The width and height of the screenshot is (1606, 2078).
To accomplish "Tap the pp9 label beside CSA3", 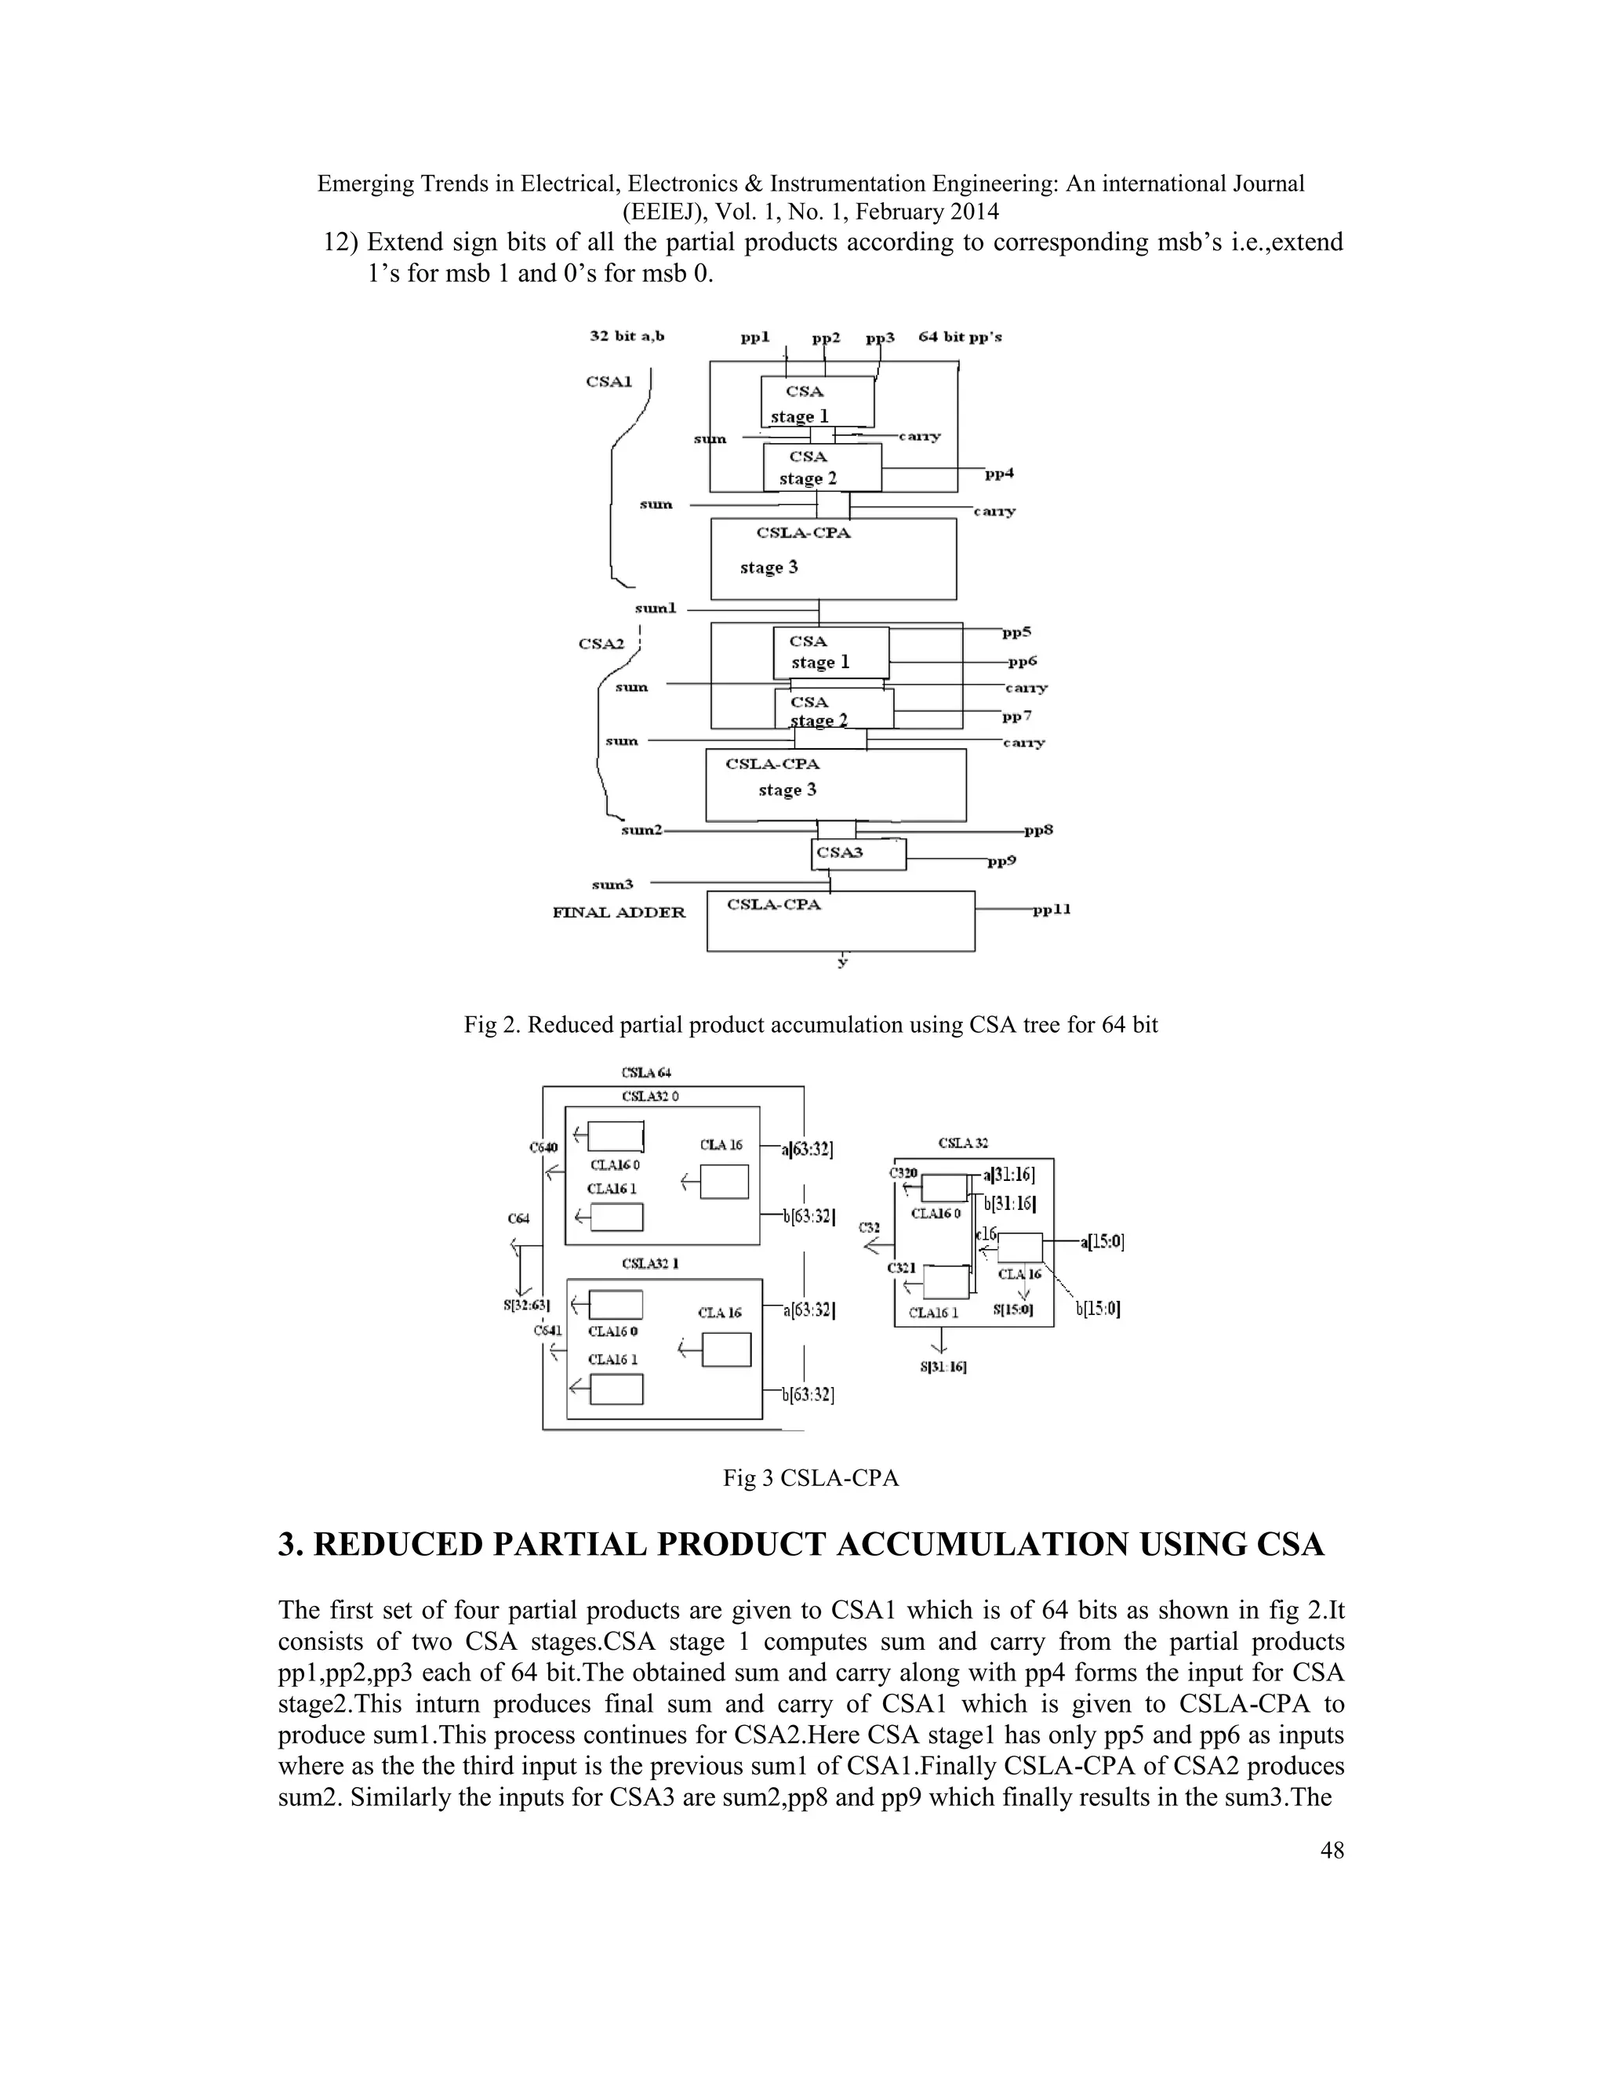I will [1003, 862].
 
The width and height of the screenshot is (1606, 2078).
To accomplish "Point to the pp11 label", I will [1052, 910].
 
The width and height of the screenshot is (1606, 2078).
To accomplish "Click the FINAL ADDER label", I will [619, 913].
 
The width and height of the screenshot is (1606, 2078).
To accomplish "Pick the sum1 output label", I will [656, 608].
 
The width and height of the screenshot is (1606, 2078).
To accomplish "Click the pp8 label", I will [1039, 830].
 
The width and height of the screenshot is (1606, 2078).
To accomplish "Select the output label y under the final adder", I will [842, 963].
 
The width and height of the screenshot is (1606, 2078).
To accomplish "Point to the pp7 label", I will [1017, 715].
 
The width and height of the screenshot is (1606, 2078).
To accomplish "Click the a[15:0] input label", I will [1103, 1241].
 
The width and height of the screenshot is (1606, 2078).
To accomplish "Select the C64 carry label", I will [518, 1218].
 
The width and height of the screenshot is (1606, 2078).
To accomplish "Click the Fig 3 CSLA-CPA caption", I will [811, 1477].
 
